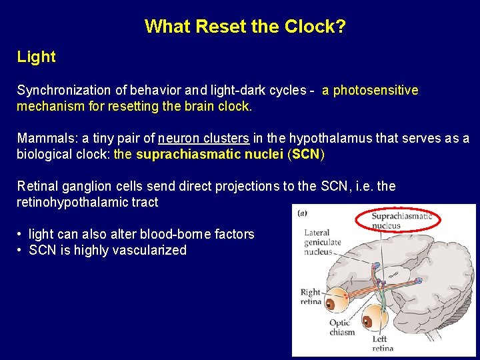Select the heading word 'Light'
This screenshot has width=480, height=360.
37,57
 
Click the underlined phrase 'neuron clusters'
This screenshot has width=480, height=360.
203,139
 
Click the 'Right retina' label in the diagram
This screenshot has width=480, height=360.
311,297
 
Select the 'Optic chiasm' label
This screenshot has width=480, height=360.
342,327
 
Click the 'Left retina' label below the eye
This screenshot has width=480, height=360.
383,343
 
